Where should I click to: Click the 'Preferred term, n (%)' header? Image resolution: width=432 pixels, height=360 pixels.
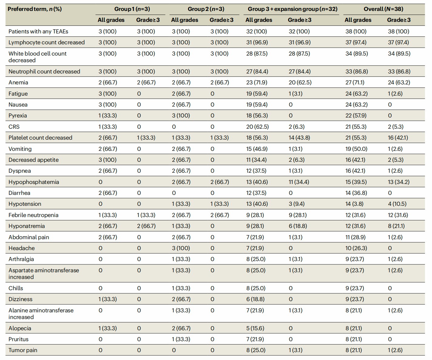click(35, 9)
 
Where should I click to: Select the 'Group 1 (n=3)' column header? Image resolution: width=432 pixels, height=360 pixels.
click(132, 9)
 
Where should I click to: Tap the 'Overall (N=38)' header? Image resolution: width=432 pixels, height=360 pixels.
click(383, 9)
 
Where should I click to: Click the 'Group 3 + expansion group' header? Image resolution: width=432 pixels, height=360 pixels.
click(292, 9)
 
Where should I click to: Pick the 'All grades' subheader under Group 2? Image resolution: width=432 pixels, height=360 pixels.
click(184, 20)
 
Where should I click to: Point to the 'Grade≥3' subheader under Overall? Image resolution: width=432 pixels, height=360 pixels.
click(399, 20)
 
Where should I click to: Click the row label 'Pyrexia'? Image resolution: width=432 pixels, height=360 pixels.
click(18, 116)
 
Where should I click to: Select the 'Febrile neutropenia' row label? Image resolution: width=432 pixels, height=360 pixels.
click(33, 215)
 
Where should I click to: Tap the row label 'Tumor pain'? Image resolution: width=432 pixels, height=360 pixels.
click(23, 350)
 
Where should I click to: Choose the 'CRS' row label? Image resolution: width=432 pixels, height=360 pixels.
click(14, 127)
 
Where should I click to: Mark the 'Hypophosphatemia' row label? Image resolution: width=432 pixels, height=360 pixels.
click(34, 182)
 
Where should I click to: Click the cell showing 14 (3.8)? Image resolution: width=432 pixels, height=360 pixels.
click(354, 204)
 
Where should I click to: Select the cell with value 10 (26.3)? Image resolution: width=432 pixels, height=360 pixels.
click(356, 248)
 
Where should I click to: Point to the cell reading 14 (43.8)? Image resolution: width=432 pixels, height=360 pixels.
click(299, 138)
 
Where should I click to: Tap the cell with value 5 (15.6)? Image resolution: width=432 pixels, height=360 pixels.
click(255, 328)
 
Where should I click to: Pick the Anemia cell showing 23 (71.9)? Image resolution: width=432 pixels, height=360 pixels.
click(257, 83)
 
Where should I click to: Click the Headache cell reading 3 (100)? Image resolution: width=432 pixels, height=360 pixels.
click(181, 248)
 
